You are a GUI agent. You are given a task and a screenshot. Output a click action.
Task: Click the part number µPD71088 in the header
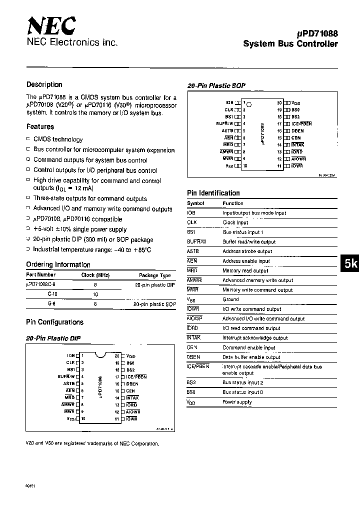(x=317, y=33)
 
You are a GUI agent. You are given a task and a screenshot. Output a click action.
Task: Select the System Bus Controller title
(x=290, y=44)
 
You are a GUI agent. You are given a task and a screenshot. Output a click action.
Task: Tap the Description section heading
(x=44, y=84)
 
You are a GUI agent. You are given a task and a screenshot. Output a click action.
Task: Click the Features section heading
(x=40, y=127)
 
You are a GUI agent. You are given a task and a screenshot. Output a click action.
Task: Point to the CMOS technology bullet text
(x=58, y=139)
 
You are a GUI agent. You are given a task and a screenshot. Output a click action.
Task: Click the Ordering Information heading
(x=58, y=264)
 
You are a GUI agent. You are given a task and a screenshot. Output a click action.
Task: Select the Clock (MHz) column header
(x=95, y=274)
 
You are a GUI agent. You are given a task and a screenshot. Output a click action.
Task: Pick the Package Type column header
(x=155, y=275)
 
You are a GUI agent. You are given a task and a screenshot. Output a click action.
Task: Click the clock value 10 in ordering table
(x=95, y=294)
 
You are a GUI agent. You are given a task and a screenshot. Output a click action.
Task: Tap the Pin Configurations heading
(x=54, y=322)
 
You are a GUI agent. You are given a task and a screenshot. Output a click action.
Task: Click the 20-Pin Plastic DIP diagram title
(x=53, y=338)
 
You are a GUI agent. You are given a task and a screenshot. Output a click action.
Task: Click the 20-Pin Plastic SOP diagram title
(x=216, y=86)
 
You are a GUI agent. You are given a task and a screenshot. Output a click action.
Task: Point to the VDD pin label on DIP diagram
(x=131, y=356)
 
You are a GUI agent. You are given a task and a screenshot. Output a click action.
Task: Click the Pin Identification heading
(x=213, y=193)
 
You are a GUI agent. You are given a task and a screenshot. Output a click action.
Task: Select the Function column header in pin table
(x=233, y=203)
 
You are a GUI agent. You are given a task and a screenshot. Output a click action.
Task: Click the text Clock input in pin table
(x=235, y=222)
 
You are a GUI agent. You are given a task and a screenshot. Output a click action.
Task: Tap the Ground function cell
(x=230, y=299)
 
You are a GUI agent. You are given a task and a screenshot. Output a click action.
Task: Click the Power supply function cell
(x=237, y=401)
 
